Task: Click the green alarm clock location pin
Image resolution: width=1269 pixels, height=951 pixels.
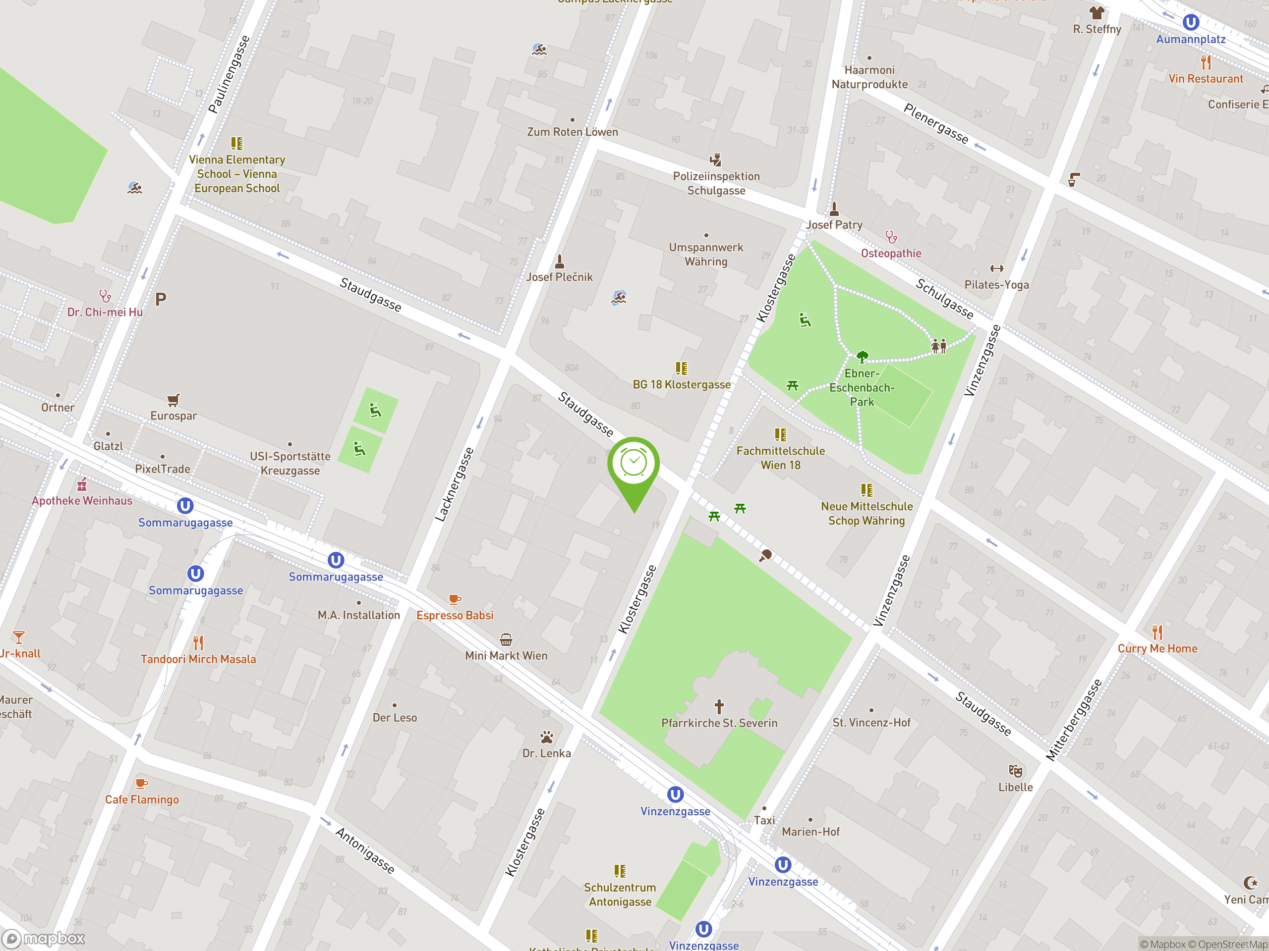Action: [x=634, y=464]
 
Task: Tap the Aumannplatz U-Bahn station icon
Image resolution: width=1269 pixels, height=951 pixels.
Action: [x=1190, y=22]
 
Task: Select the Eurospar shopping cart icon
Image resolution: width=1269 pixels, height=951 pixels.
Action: [x=173, y=400]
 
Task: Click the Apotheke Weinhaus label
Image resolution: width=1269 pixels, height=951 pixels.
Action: [x=82, y=500]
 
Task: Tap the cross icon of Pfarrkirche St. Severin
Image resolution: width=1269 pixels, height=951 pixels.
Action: [x=719, y=706]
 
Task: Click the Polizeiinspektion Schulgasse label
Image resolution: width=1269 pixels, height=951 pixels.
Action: [x=716, y=183]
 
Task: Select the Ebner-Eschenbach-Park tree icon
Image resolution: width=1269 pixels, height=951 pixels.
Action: [x=862, y=357]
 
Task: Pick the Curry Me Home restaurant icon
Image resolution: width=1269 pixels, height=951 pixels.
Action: [x=1157, y=633]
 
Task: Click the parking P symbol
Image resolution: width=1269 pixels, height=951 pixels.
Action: [x=161, y=299]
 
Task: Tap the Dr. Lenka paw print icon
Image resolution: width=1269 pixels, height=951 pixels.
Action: [x=547, y=737]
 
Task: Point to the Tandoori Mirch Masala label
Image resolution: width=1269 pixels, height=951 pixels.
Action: [x=198, y=659]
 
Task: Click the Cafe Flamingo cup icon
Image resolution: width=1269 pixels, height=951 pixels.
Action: [x=141, y=783]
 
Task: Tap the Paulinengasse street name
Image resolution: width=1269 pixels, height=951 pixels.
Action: [x=229, y=74]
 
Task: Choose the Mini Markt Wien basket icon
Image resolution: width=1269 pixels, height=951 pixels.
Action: [x=506, y=640]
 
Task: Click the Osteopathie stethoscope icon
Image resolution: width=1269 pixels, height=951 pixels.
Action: [x=891, y=237]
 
